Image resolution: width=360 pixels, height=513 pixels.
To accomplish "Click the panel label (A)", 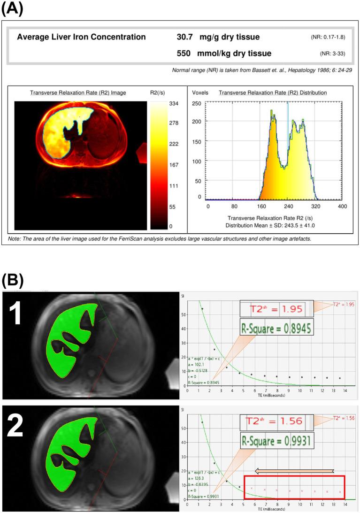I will [13, 10].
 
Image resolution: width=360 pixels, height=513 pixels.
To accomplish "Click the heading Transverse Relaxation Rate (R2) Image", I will [78, 93].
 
